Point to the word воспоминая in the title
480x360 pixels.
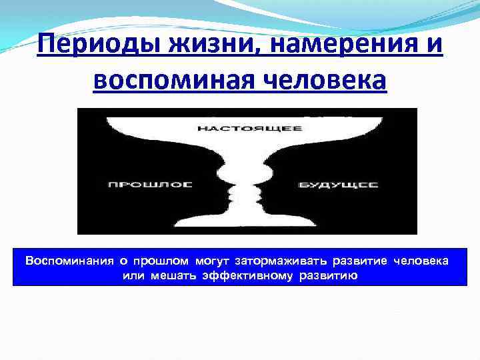coord(172,81)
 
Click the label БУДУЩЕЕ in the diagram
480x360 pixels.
coord(339,184)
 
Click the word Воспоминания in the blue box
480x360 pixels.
coord(63,259)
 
